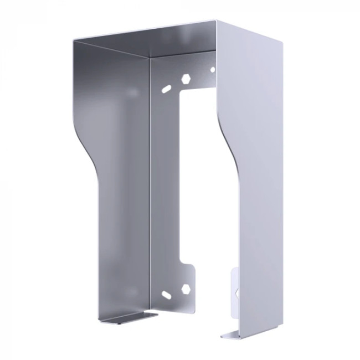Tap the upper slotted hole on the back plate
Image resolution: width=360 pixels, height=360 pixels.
tap(166, 88)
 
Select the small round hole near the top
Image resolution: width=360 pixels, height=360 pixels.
tap(212, 70)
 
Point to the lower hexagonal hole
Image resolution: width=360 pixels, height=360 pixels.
tap(186, 288)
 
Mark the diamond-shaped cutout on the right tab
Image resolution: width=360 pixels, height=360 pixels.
tap(236, 292)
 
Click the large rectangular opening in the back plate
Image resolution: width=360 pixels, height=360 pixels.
tap(199, 177)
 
